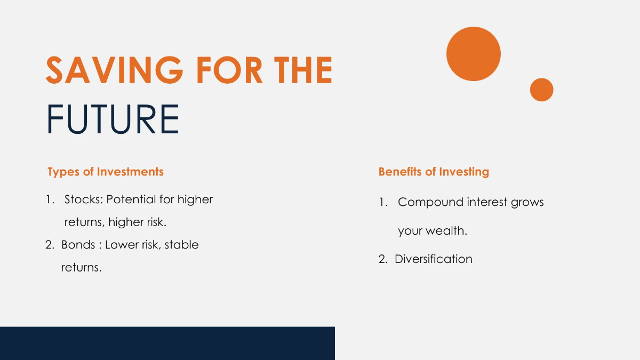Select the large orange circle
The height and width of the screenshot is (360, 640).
[x=474, y=54]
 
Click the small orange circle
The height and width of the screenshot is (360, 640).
[x=541, y=90]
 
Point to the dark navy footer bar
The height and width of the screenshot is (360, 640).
[x=167, y=343]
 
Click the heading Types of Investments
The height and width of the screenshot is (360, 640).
[x=105, y=172]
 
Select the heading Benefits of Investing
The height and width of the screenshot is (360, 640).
[x=434, y=172]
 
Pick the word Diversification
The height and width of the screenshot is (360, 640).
[x=433, y=259]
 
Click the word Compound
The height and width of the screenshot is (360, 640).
[x=430, y=203]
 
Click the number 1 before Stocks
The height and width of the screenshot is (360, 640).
[x=49, y=199]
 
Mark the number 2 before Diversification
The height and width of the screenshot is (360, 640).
[x=382, y=259]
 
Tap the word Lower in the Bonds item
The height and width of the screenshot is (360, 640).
[x=121, y=245]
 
